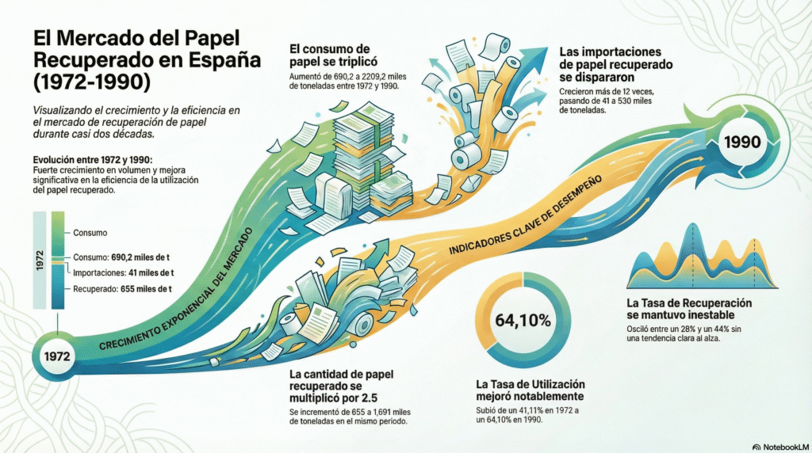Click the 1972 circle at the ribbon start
[x=58, y=356]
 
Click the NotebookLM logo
[x=779, y=446]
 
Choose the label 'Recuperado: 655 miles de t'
[x=122, y=289]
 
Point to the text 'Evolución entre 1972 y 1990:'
[x=87, y=160]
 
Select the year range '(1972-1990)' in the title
[x=90, y=82]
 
